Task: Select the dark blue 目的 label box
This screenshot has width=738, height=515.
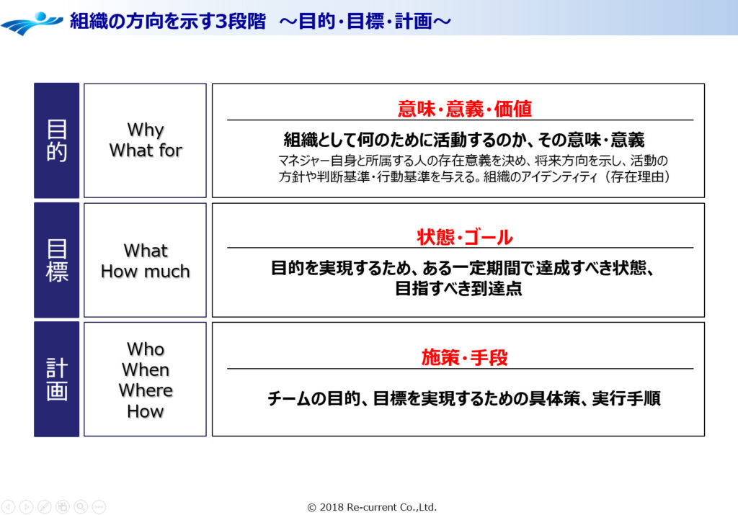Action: click(x=56, y=140)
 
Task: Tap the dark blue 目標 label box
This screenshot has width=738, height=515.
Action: click(x=56, y=260)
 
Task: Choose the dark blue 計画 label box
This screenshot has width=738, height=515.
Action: click(x=56, y=379)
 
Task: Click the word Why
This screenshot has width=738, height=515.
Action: click(x=146, y=130)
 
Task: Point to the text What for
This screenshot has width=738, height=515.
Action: click(x=146, y=151)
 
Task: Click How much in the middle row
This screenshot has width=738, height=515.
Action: click(x=146, y=272)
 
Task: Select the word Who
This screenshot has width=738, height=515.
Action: click(x=146, y=349)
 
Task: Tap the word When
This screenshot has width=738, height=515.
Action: click(x=146, y=370)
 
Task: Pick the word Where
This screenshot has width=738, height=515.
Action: click(x=146, y=390)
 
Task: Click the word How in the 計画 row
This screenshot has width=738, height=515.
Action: click(x=146, y=411)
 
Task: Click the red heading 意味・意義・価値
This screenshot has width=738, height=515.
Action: click(x=465, y=109)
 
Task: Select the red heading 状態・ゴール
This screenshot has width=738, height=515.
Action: click(x=465, y=237)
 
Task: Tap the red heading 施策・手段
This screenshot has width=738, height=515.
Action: click(x=465, y=357)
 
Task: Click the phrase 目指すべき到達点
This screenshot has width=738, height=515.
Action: click(x=458, y=289)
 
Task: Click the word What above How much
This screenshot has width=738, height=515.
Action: click(x=146, y=251)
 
